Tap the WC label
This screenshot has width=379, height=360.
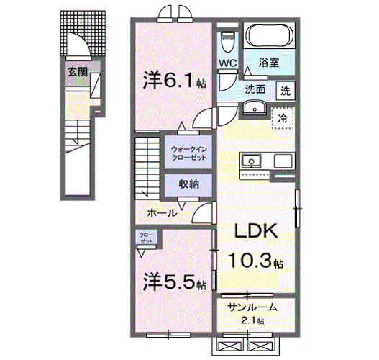[x=228, y=63]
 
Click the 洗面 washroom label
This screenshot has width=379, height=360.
[x=255, y=90]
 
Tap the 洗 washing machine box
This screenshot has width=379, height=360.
[x=286, y=91]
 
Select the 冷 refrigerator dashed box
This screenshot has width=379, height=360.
[x=283, y=117]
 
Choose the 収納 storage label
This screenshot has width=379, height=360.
[x=188, y=185]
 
